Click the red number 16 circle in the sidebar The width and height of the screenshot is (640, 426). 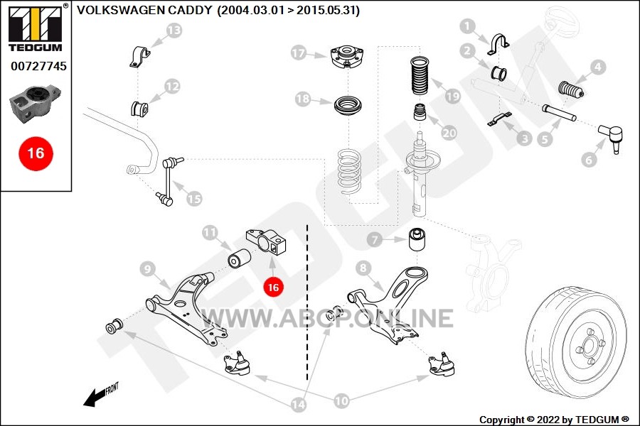pyautogui.click(x=36, y=153)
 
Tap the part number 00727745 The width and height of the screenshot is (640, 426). pyautogui.click(x=39, y=66)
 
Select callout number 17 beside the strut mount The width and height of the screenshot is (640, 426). pyautogui.click(x=299, y=53)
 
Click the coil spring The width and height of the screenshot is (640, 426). pyautogui.click(x=350, y=172)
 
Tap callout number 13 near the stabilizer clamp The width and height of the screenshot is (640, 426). pyautogui.click(x=174, y=30)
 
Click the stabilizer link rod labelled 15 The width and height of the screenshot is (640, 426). pyautogui.click(x=169, y=181)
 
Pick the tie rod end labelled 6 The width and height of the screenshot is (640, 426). pyautogui.click(x=612, y=136)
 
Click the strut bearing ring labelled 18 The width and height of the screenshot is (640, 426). pyautogui.click(x=348, y=106)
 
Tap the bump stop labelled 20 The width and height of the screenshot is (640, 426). pyautogui.click(x=420, y=112)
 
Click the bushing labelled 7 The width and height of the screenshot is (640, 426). pyautogui.click(x=417, y=241)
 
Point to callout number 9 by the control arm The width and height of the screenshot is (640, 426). pyautogui.click(x=148, y=268)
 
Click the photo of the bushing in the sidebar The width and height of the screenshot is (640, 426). pyautogui.click(x=35, y=103)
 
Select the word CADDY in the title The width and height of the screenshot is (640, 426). pyautogui.click(x=190, y=10)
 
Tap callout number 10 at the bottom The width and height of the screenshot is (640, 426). pyautogui.click(x=341, y=401)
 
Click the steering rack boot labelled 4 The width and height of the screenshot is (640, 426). pyautogui.click(x=570, y=90)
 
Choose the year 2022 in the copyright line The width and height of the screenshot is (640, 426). pyautogui.click(x=548, y=420)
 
